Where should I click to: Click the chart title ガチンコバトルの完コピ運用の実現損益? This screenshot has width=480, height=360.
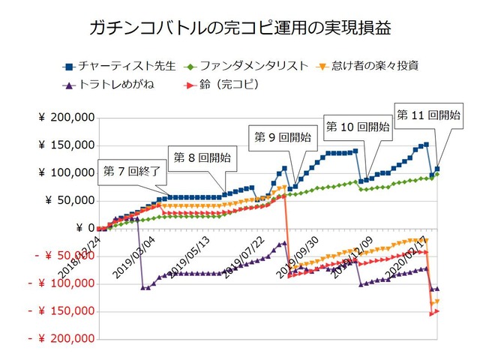[x=239, y=28]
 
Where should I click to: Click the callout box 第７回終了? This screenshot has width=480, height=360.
[x=132, y=172]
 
